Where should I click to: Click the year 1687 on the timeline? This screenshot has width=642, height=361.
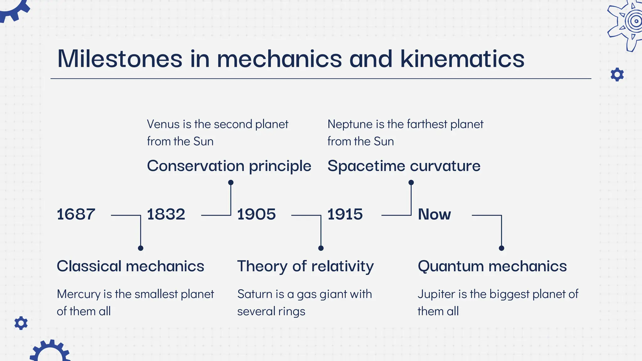point(76,214)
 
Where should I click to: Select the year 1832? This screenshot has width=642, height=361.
point(166,214)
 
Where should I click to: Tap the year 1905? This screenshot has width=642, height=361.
point(256,214)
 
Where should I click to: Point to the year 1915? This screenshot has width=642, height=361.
point(345,214)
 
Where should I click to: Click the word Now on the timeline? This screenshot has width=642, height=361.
point(434,214)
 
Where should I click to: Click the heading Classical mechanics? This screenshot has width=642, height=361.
point(130,266)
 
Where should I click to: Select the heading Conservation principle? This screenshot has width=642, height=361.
point(229,166)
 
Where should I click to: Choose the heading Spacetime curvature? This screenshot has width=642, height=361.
point(404,166)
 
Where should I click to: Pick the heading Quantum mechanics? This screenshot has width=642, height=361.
point(492,266)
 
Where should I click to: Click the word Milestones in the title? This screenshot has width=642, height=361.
point(120,59)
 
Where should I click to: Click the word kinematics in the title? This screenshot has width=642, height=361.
point(462,59)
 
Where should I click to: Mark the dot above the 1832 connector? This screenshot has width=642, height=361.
point(231,182)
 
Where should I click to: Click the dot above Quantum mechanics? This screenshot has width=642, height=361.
point(501,248)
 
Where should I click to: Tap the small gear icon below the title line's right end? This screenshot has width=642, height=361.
point(617,75)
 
